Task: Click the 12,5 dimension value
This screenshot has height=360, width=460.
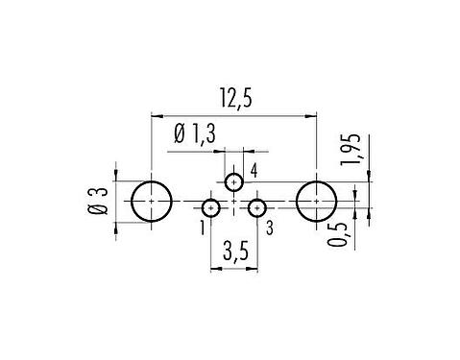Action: (x=233, y=98)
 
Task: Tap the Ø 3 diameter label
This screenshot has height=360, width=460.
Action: (x=96, y=204)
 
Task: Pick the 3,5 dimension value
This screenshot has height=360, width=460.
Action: (x=233, y=254)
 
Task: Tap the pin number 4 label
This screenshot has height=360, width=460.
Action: (x=254, y=171)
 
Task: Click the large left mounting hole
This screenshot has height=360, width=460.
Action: (x=151, y=203)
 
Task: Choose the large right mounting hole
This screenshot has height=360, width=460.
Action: (x=316, y=203)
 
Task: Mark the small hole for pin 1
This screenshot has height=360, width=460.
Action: (x=211, y=207)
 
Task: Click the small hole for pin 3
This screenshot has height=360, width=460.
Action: (x=256, y=207)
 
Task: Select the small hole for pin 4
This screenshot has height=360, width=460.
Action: (x=234, y=182)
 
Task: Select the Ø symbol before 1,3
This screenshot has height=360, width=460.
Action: (x=180, y=135)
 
